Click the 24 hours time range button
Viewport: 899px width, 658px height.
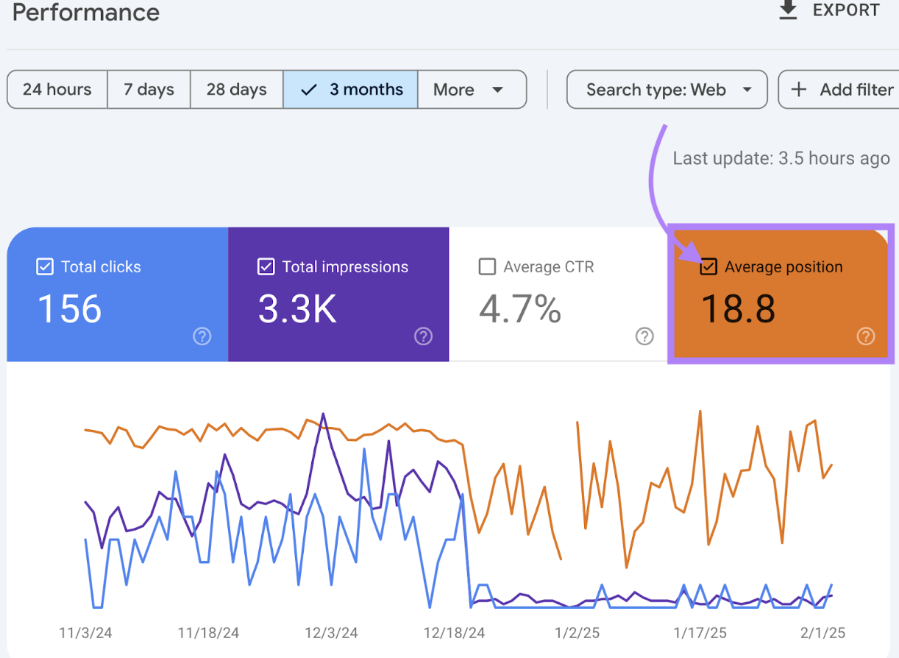click(57, 90)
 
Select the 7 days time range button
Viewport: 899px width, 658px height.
click(149, 90)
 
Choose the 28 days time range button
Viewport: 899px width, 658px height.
click(236, 90)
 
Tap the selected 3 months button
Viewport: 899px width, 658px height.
click(351, 90)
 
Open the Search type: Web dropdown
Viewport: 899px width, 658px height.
click(667, 90)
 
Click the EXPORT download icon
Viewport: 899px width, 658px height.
click(788, 10)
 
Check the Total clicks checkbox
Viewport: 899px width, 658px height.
click(45, 266)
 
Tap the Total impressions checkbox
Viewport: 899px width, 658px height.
click(266, 266)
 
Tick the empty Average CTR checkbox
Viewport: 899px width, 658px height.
click(487, 266)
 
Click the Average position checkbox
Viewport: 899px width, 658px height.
click(708, 266)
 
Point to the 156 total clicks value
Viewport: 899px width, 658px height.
click(70, 309)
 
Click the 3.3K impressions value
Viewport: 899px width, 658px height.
click(297, 309)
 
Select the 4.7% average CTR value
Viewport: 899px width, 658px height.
click(520, 309)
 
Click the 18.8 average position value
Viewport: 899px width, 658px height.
click(738, 309)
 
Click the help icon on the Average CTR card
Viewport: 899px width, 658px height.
click(644, 336)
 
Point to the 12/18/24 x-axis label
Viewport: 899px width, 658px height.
click(454, 633)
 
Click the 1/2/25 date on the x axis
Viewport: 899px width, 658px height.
click(568, 633)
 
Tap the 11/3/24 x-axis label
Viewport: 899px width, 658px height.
click(85, 633)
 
